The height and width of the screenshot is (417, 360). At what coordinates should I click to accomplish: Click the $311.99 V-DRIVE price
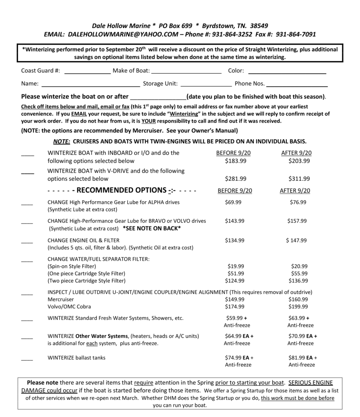click(299, 178)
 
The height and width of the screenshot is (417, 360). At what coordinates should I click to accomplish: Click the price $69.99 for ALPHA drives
click(233, 202)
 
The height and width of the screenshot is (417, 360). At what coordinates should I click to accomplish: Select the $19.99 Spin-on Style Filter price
click(236, 266)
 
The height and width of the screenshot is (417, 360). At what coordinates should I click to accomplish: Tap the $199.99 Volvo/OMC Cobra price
click(298, 307)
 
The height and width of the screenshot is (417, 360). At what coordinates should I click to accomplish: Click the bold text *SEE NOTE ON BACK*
click(151, 228)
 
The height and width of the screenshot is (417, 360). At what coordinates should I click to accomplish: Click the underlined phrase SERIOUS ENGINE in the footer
click(311, 383)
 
